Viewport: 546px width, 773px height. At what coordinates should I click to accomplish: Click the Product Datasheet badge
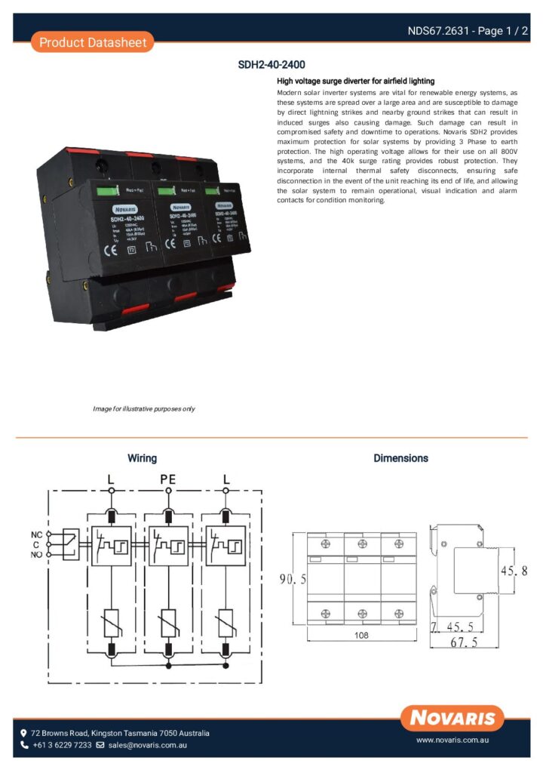point(92,42)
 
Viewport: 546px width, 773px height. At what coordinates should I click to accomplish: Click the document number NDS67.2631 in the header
point(439,31)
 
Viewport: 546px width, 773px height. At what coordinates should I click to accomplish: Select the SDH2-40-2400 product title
point(271,66)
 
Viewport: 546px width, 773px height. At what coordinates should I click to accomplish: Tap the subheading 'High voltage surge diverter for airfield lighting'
point(356,81)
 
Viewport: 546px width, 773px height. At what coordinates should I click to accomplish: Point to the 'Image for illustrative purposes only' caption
point(144,408)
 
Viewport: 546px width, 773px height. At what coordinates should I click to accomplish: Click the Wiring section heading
point(142,458)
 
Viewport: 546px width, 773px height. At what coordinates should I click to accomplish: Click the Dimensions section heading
point(400,458)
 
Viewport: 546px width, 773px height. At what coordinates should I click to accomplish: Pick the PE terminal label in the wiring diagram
point(167,479)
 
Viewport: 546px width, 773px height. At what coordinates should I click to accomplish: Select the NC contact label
point(36,534)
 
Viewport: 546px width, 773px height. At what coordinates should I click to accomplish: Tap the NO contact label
point(36,555)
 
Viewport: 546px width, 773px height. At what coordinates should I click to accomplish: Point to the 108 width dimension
point(361,636)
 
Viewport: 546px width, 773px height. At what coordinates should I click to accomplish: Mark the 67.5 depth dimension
point(465,642)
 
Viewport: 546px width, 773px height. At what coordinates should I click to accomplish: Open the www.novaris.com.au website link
point(454,741)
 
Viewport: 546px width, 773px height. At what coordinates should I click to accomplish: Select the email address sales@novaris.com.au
point(147,745)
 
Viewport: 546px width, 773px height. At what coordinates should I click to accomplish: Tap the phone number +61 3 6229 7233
point(61,745)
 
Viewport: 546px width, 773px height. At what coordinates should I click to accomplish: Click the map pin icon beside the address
point(24,733)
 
